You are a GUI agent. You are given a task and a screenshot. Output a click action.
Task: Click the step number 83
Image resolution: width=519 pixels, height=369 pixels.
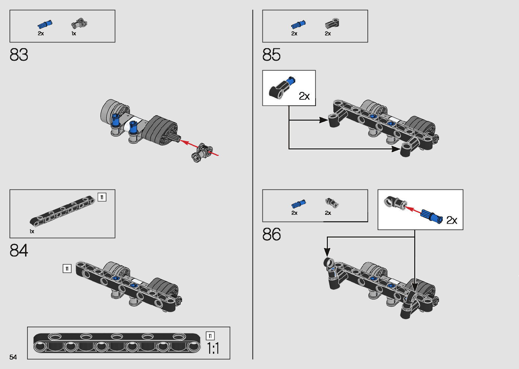(x=19, y=55)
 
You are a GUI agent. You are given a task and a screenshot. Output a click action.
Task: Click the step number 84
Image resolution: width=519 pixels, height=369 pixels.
(x=19, y=250)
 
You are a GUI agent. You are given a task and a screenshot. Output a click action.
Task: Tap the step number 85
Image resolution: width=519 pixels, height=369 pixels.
(x=271, y=55)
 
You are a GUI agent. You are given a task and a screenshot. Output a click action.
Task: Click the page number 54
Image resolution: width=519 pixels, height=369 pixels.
(x=13, y=357)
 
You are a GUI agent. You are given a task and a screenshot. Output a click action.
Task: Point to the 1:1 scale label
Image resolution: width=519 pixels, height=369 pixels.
(x=213, y=348)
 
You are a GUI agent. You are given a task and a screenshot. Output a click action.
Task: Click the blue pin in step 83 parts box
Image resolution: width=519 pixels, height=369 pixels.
(x=45, y=24)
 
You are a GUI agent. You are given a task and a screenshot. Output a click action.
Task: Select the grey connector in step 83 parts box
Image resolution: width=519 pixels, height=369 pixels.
(x=79, y=23)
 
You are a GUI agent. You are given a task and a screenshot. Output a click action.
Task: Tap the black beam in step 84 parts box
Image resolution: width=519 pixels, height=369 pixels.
(x=62, y=211)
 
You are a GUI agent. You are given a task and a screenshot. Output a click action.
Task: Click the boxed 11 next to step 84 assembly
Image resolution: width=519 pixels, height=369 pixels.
(x=67, y=269)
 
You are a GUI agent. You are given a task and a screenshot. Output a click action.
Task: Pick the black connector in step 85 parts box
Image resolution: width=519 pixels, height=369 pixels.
(x=332, y=24)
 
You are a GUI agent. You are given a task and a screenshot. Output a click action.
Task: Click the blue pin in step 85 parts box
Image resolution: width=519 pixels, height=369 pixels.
(x=298, y=24)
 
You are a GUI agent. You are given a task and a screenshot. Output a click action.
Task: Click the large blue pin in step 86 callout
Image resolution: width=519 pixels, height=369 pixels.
(x=432, y=217)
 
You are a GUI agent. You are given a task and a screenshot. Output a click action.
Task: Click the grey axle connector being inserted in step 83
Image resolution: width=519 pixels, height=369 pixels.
(x=202, y=152)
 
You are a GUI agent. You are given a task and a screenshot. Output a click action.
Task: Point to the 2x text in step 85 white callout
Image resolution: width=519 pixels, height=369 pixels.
(x=304, y=96)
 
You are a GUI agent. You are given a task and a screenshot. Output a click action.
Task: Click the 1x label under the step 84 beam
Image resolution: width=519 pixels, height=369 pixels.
(x=32, y=231)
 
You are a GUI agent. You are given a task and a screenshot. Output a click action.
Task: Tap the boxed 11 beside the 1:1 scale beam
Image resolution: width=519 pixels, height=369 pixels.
(x=210, y=336)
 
